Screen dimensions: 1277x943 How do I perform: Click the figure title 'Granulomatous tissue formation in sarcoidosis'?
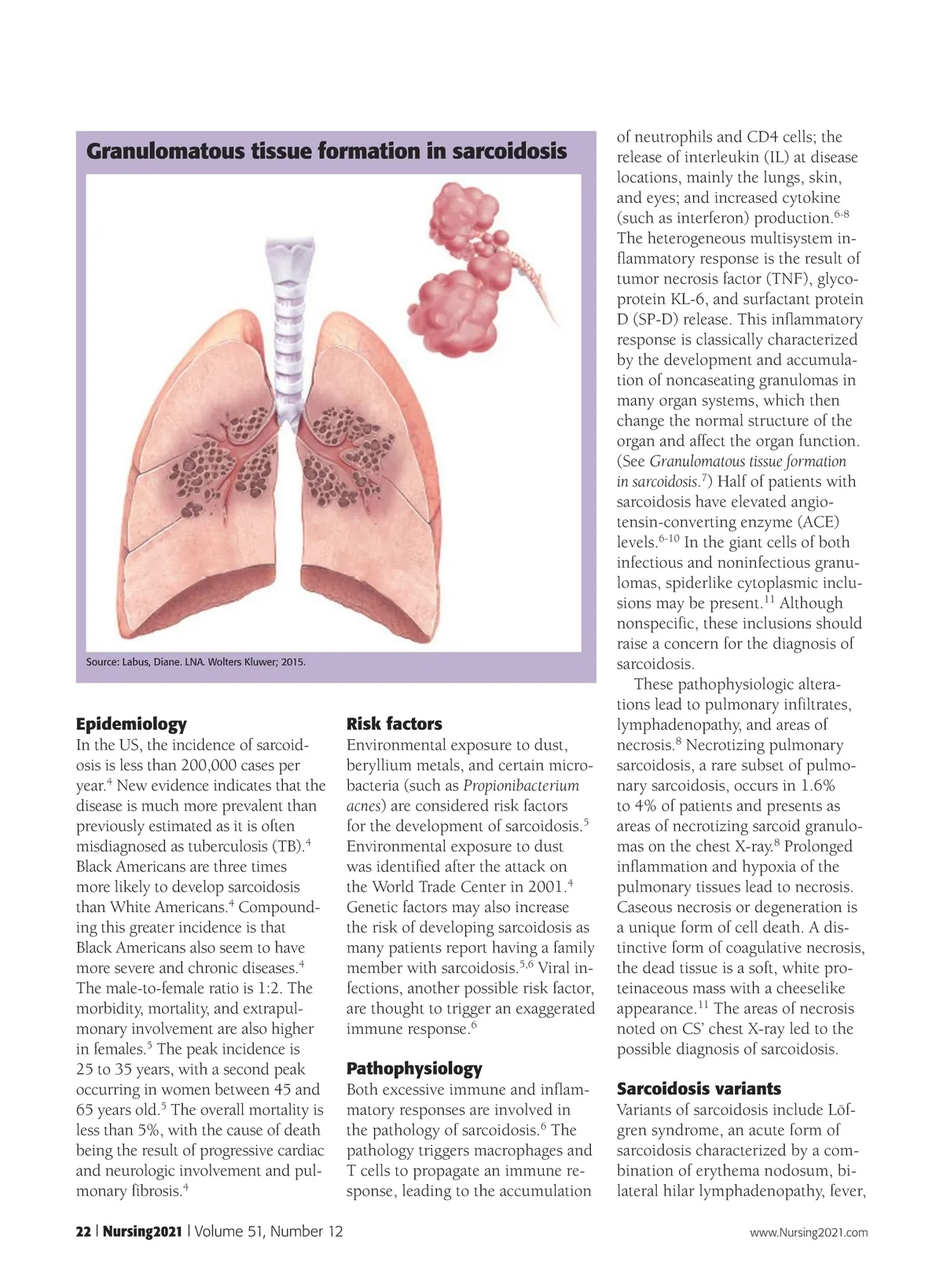(326, 151)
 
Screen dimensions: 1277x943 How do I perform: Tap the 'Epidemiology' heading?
(131, 724)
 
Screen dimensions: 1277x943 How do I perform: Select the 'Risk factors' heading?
(394, 724)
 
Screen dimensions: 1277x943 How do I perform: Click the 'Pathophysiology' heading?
(414, 1069)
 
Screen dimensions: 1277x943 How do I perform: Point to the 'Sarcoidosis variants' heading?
(699, 1089)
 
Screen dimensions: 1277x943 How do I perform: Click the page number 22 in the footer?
(83, 1231)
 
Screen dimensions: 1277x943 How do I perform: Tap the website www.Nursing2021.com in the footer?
(809, 1232)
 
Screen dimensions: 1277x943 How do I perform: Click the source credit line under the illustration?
(196, 662)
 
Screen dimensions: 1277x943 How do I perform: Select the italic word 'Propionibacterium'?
(521, 786)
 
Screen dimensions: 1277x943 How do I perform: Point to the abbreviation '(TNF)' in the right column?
(788, 279)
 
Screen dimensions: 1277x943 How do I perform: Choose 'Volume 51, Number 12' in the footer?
(269, 1231)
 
